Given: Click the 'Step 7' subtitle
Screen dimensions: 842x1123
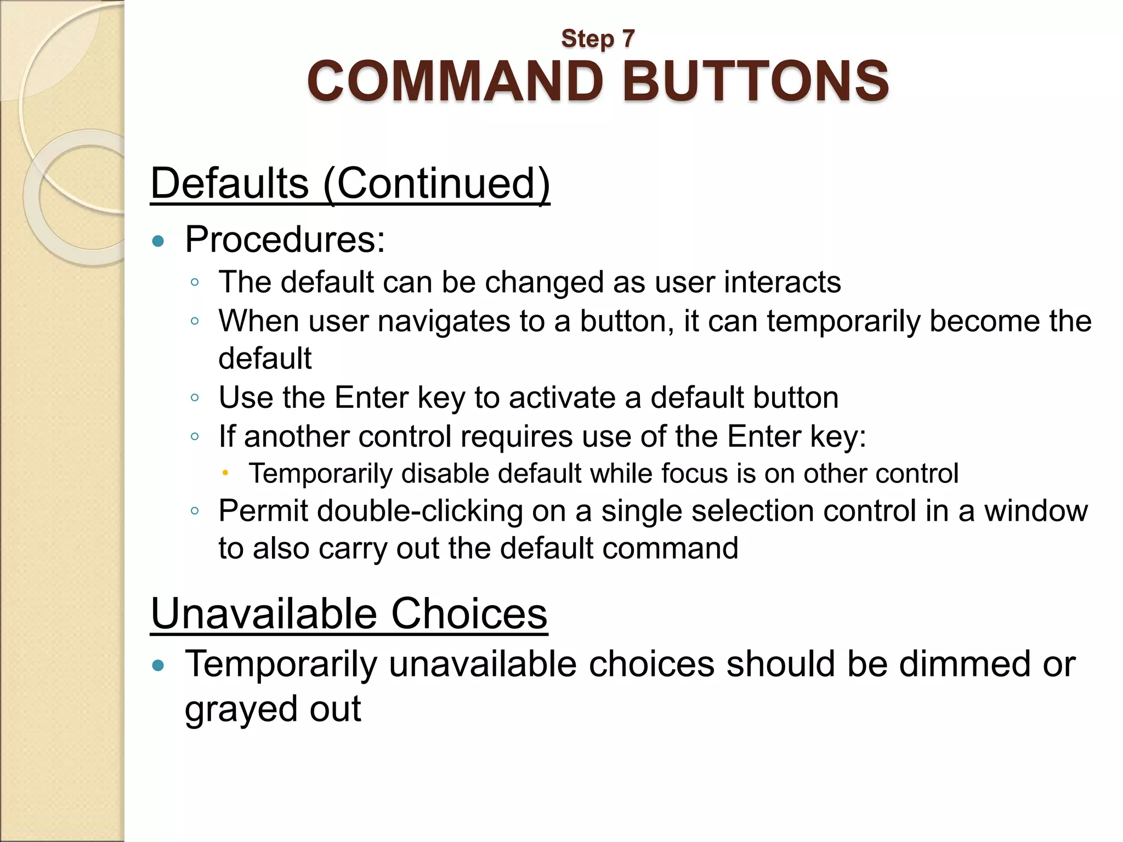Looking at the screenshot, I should pyautogui.click(x=598, y=39).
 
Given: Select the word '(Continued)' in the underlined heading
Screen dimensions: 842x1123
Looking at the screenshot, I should pyautogui.click(x=436, y=183).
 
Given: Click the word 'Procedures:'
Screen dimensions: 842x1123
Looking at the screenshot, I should pyautogui.click(x=285, y=240).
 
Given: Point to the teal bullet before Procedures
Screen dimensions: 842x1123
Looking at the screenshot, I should pyautogui.click(x=158, y=241).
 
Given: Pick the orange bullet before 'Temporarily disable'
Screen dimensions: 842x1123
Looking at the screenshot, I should pyautogui.click(x=225, y=473).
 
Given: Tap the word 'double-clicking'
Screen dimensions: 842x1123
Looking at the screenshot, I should pyautogui.click(x=419, y=511).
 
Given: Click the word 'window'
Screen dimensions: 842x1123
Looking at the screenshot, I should pyautogui.click(x=1035, y=511).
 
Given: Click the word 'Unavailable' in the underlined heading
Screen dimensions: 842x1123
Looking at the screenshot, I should pyautogui.click(x=264, y=613).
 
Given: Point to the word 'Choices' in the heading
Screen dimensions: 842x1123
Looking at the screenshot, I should pyautogui.click(x=469, y=613).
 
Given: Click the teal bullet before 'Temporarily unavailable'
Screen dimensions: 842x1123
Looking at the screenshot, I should pyautogui.click(x=158, y=666).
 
